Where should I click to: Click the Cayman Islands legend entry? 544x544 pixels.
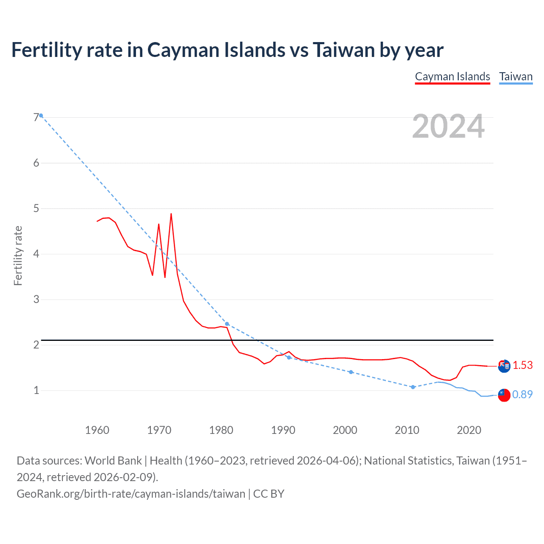452,76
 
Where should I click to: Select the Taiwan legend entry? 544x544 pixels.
516,76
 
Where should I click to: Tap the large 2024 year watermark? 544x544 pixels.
448,126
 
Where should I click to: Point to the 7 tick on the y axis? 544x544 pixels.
36,118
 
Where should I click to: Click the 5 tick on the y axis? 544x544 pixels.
36,209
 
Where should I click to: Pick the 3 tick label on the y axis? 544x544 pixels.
36,300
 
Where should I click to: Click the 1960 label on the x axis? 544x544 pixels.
97,430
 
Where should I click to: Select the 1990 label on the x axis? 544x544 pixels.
283,430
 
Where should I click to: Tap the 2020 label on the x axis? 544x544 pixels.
469,430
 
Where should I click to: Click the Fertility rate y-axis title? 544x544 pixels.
18,255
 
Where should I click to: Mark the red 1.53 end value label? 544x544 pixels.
522,365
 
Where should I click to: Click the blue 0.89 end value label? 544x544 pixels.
522,395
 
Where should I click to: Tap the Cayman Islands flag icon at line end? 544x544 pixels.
504,366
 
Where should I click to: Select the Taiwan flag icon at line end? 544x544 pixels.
504,395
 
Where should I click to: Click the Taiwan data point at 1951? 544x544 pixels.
41,116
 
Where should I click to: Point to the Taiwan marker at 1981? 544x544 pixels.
227,324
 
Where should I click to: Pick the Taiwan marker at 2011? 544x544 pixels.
413,387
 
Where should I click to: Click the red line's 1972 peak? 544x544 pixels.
171,214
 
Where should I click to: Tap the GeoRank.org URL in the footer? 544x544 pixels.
131,494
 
